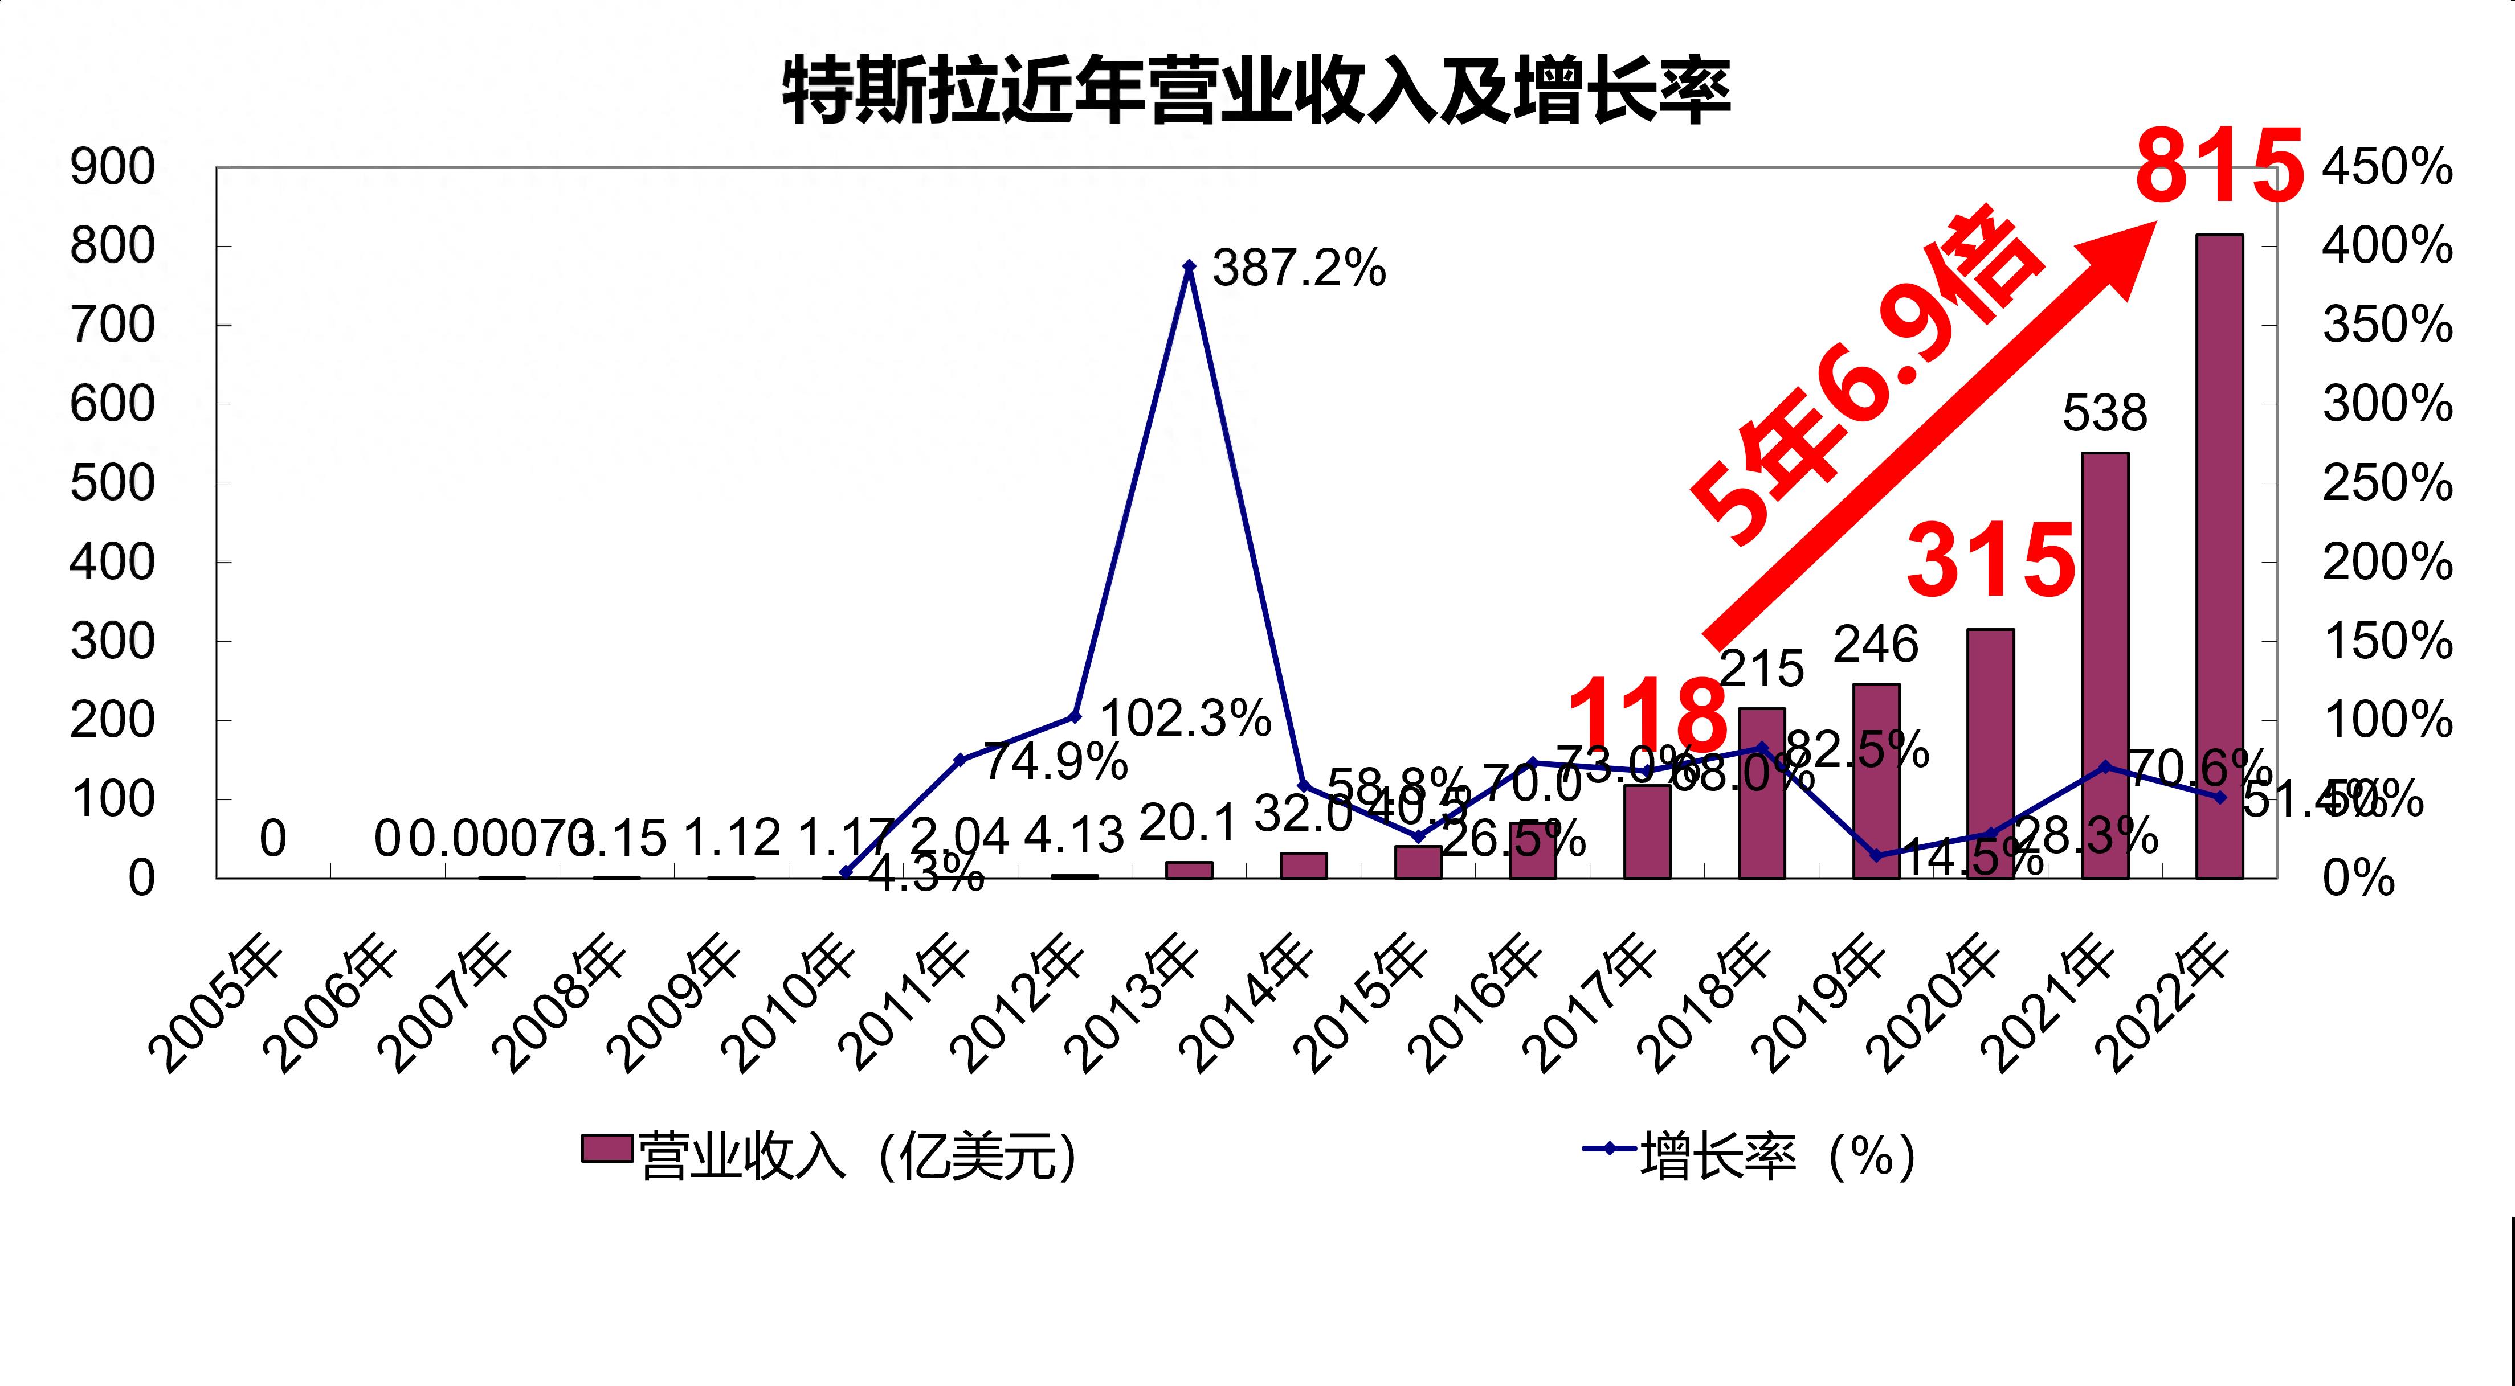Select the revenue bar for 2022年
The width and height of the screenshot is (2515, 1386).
(x=2219, y=556)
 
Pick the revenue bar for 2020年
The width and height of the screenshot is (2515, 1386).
(x=1991, y=753)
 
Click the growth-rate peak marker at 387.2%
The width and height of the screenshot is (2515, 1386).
(x=1189, y=265)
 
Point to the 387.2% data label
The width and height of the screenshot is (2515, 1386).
(x=1299, y=268)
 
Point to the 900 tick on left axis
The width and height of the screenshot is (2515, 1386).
(x=112, y=168)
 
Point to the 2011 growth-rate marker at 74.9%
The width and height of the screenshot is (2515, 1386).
(x=960, y=760)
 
